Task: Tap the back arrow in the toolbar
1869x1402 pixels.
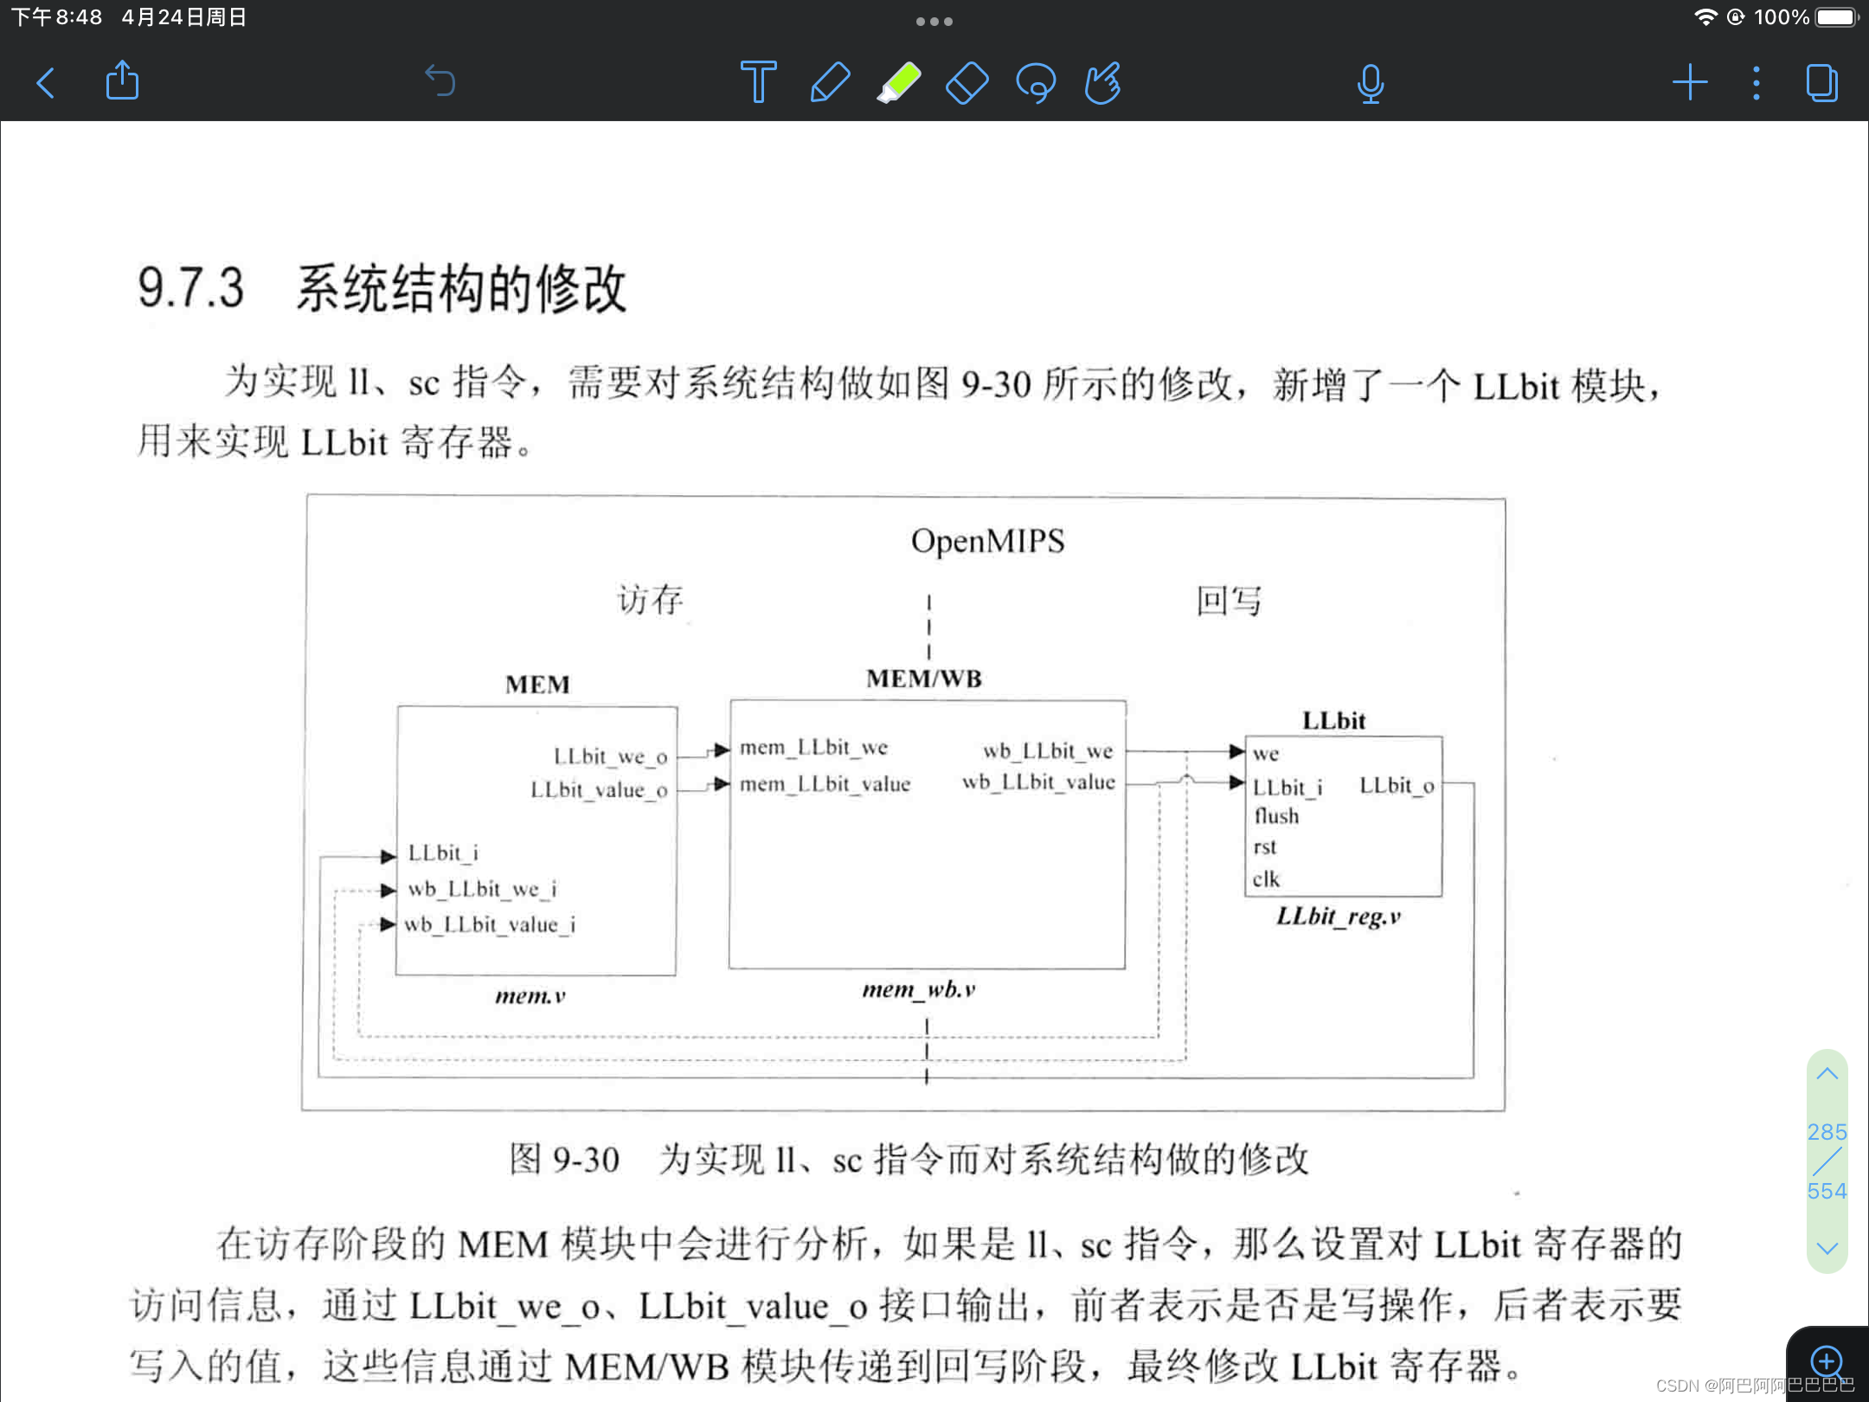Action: click(46, 83)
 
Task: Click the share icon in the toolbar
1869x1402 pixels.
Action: click(122, 81)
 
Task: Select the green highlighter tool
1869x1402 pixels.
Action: click(899, 83)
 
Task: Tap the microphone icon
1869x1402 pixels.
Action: click(1371, 84)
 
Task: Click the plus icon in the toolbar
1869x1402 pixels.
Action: click(1689, 83)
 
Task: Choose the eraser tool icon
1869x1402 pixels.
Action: click(967, 83)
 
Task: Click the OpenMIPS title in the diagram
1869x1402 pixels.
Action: click(987, 542)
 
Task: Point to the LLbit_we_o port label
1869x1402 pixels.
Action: click(610, 756)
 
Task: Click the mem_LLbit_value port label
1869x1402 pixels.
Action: click(825, 784)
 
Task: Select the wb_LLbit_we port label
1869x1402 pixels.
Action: click(1048, 750)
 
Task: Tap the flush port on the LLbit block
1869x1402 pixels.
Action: click(1276, 816)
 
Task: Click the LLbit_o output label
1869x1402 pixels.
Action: click(1397, 785)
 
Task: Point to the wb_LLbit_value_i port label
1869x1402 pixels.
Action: click(490, 924)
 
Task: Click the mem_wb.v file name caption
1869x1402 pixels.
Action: click(919, 989)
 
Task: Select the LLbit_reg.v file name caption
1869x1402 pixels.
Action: click(1338, 916)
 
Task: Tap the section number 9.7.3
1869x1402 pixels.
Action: click(191, 288)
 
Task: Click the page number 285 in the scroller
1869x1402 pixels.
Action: click(1827, 1132)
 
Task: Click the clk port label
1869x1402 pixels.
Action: click(1266, 879)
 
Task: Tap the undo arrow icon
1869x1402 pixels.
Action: click(440, 82)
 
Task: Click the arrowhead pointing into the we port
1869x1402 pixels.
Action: click(1236, 751)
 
